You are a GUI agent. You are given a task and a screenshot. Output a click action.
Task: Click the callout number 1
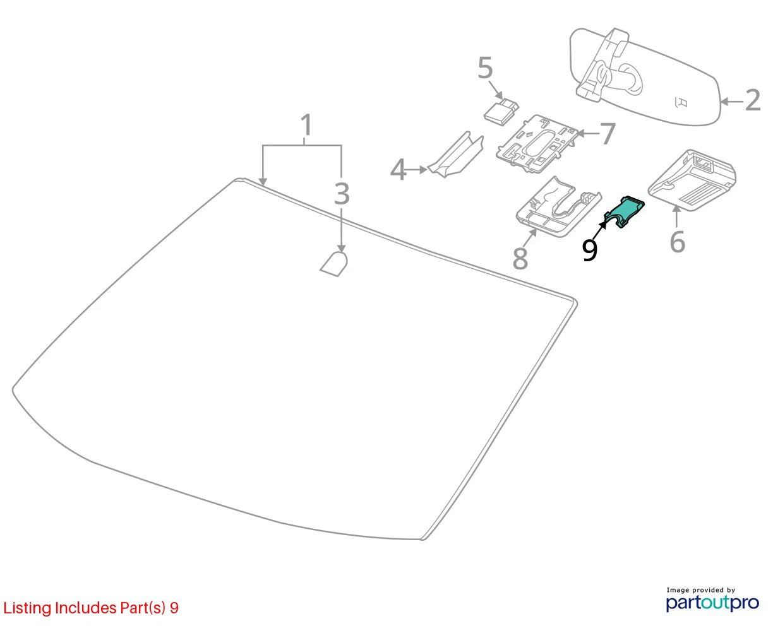[x=307, y=125]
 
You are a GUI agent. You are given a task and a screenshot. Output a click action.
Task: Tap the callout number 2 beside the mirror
[x=753, y=100]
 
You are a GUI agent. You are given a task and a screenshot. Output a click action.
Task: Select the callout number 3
[x=342, y=194]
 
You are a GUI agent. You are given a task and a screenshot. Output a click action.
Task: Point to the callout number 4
[x=398, y=169]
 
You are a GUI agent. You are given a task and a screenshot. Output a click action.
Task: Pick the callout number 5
[x=485, y=68]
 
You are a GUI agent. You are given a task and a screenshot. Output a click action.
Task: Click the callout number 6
[x=677, y=242]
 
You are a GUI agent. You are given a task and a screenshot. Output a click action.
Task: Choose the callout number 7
[x=608, y=134]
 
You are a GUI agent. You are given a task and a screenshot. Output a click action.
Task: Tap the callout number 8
[x=520, y=258]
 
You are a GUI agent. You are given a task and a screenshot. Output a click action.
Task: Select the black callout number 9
[x=589, y=250]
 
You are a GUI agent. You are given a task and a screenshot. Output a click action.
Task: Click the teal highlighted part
[x=626, y=213]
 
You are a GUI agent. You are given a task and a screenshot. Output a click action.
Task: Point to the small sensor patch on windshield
[x=334, y=264]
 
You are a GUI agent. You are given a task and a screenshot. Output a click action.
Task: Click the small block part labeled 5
[x=501, y=112]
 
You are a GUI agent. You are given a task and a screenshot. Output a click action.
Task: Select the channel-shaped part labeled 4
[x=456, y=156]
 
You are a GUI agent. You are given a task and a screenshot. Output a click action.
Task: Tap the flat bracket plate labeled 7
[x=537, y=144]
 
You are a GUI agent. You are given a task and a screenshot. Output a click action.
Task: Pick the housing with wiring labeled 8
[x=558, y=207]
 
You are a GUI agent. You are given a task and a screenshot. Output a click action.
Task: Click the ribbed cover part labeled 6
[x=692, y=180]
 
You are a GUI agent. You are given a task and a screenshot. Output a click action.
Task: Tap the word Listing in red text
[x=27, y=608]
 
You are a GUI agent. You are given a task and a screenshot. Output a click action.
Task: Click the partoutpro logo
[x=712, y=603]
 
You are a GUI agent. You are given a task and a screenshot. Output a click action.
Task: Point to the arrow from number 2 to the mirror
[x=731, y=102]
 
